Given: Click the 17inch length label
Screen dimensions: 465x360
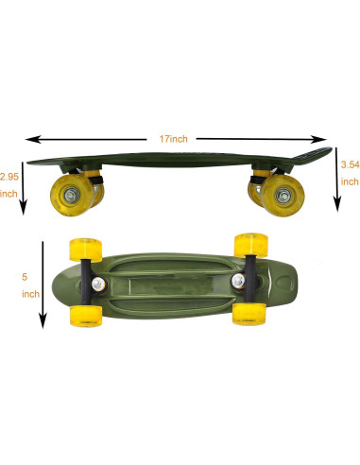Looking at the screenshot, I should tap(173, 138).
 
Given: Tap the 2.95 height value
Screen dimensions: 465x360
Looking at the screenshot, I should tap(9, 176).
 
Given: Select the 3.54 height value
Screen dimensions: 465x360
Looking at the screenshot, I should tap(349, 164).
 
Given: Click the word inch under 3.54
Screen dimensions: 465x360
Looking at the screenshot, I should tap(349, 181).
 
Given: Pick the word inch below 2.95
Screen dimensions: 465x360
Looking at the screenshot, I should tap(9, 193).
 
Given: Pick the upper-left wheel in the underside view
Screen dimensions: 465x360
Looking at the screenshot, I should tap(84, 250).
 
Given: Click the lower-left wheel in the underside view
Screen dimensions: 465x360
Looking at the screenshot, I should tap(87, 317).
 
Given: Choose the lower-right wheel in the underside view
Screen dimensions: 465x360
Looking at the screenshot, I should tap(249, 314).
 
